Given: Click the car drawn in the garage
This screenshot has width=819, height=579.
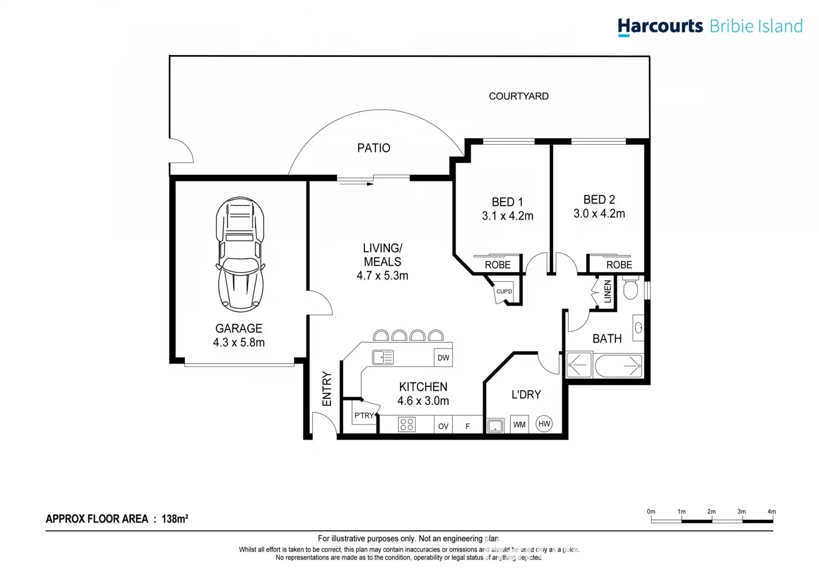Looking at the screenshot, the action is pos(240,254).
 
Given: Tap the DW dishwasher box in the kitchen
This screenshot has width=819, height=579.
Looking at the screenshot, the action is pos(443,357).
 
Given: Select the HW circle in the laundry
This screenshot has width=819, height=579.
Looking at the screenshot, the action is pos(544,424).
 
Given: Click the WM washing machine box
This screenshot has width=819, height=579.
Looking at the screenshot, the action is pos(519,424).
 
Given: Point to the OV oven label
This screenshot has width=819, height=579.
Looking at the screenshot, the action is pos(443,426).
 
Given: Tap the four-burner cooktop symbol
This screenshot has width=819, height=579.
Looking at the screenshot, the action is pos(407,424).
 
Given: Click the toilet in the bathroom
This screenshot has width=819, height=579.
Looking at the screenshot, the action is pos(630,288).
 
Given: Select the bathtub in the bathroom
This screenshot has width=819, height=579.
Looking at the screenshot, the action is pos(618,365).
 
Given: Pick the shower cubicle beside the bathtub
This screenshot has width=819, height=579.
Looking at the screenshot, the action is pos(579,365).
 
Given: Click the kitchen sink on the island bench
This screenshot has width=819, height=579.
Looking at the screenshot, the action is pos(383,357).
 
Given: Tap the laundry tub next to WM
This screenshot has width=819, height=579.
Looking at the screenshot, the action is pos(495,426).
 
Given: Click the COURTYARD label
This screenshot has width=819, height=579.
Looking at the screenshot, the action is pos(519,96).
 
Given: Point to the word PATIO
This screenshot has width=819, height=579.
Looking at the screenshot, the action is pos(374,148).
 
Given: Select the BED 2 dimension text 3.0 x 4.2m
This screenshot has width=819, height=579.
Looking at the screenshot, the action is pos(599,214).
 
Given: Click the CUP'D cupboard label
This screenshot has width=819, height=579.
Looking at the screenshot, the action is pos(504,292).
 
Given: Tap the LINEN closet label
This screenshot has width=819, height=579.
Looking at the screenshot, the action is pos(608,292).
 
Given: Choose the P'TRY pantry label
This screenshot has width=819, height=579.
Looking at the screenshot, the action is pos(364,415).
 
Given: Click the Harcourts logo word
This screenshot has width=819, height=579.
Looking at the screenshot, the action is pos(660,26).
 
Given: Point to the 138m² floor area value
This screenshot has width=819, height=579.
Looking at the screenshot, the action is pos(175,518).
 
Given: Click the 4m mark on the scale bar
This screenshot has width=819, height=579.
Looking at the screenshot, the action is pos(772,511).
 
